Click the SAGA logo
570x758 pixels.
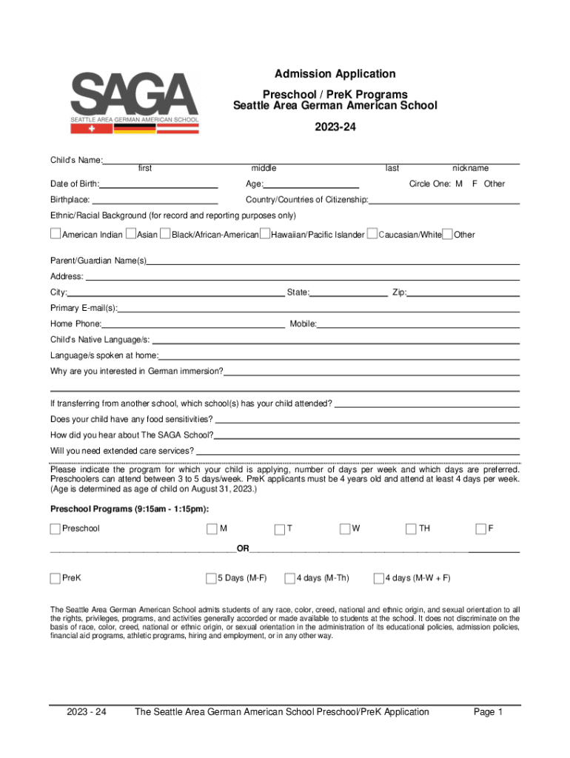pos(135,102)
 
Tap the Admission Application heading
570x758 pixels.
pos(335,73)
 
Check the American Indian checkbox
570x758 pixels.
pos(56,235)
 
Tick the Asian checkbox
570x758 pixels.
pos(131,235)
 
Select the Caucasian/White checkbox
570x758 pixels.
pos(372,235)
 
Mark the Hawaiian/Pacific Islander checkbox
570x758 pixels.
pos(265,235)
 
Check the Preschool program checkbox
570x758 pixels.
pos(56,529)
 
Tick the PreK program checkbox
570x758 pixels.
pos(56,578)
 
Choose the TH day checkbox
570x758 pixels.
pos(411,529)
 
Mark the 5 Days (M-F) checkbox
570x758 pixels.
pos(211,578)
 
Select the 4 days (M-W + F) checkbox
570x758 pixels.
pos(378,578)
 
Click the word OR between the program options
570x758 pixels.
pos(243,549)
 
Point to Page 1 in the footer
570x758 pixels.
pos(489,712)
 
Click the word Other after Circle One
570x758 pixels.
pos(494,184)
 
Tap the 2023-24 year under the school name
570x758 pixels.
pos(335,127)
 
